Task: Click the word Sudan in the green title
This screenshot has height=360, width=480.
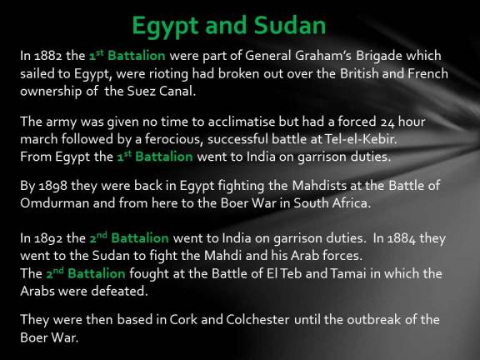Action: coord(282,25)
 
